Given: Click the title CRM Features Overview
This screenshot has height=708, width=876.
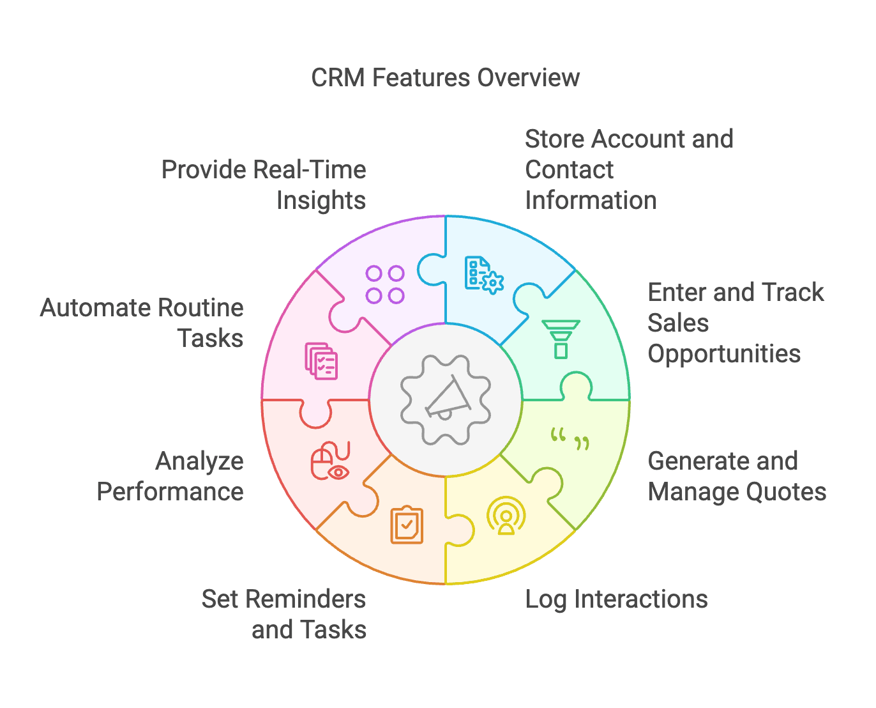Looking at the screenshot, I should [445, 78].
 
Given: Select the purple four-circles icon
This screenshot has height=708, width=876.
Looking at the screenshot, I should [385, 284].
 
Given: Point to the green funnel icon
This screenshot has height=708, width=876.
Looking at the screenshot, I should [561, 339].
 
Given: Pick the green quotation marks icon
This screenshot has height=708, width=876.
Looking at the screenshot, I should [570, 439].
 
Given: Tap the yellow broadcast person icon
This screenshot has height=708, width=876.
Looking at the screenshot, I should [506, 516].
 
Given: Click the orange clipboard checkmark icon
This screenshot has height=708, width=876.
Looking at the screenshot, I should [407, 525].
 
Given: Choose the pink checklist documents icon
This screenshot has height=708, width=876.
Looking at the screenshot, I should [321, 361].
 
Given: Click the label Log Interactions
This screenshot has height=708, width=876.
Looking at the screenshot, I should [616, 599].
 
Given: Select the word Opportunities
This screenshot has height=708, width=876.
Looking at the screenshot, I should [724, 354].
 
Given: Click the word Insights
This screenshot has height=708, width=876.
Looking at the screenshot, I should [321, 201].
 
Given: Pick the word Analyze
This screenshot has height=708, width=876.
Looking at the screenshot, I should [199, 461].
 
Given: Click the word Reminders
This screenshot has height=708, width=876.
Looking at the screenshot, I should [305, 599].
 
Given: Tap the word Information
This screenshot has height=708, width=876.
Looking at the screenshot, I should [591, 201].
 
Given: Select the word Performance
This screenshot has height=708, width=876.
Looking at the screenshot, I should [170, 492].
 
